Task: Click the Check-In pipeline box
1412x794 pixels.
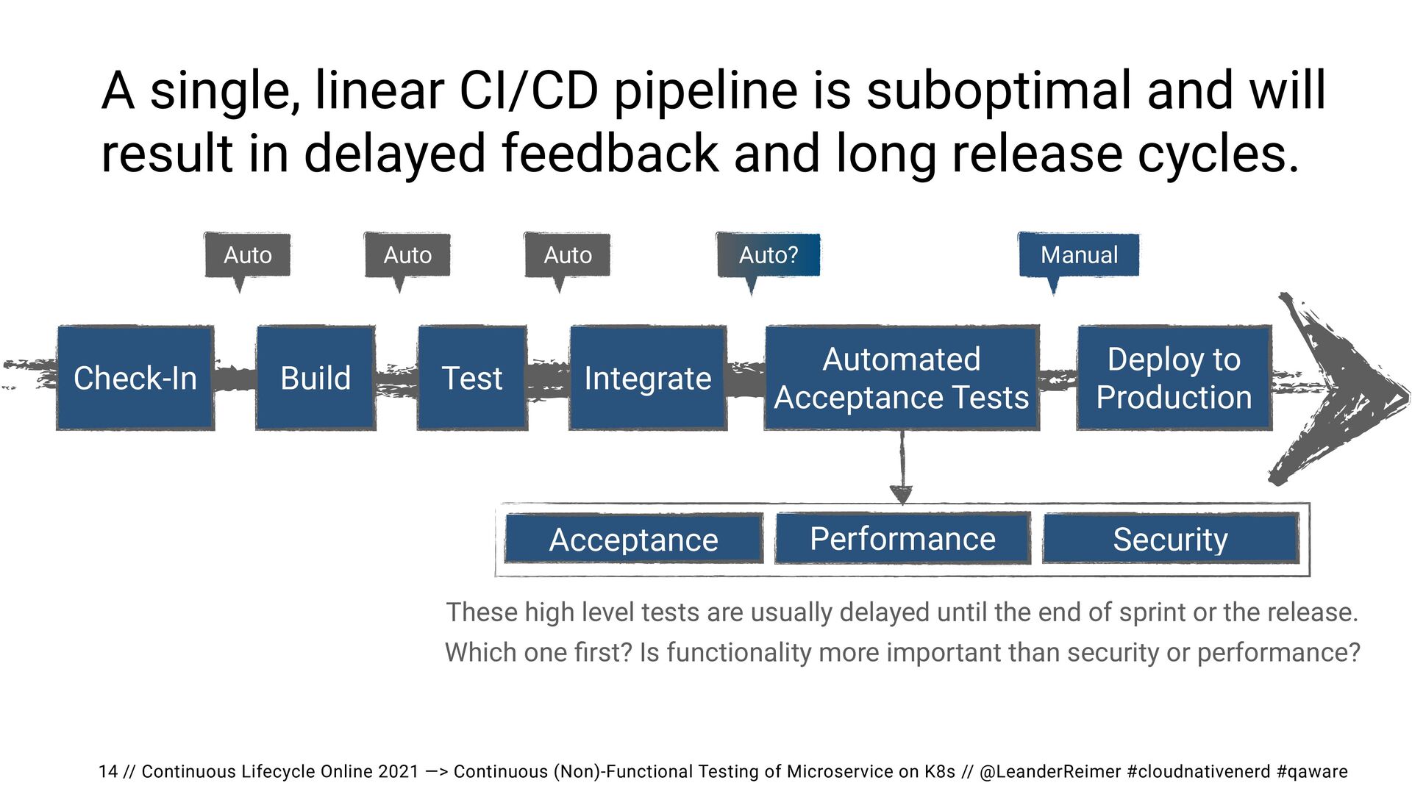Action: click(x=135, y=378)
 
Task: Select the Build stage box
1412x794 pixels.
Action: click(x=315, y=378)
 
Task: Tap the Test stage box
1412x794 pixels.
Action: click(x=472, y=378)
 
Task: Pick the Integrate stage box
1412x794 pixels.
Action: click(x=648, y=378)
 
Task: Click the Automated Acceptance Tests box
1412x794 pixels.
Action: click(x=902, y=378)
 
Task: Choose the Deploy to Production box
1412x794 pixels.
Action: click(x=1174, y=378)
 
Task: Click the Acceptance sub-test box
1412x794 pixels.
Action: click(x=634, y=539)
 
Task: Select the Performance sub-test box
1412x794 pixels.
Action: click(x=903, y=538)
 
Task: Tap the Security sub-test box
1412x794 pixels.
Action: click(x=1171, y=539)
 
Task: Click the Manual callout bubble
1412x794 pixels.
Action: click(x=1079, y=255)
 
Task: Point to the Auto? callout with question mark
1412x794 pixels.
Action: click(x=769, y=255)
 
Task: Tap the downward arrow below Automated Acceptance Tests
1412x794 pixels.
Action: click(x=902, y=468)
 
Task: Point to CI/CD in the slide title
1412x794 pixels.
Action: click(x=529, y=90)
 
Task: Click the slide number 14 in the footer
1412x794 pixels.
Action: click(x=108, y=771)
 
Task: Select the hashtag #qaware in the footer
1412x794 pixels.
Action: click(x=1312, y=771)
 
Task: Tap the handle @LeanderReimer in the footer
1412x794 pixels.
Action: click(x=1050, y=771)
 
